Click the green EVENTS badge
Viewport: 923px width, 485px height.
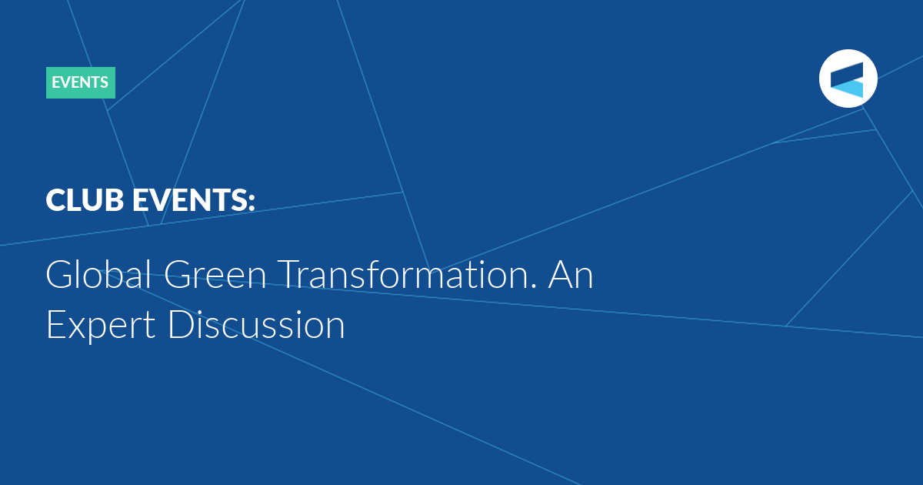81,82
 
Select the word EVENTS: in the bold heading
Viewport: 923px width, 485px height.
194,200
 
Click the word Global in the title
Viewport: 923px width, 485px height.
98,274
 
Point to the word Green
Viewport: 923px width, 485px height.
215,275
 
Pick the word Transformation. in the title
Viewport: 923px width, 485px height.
407,274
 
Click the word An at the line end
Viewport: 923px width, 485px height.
571,275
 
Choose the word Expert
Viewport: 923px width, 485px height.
101,326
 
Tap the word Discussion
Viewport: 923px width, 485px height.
256,324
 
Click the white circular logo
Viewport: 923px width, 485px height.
848,79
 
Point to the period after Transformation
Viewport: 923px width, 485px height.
534,286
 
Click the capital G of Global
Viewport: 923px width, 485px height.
60,275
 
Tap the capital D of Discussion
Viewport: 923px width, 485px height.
182,325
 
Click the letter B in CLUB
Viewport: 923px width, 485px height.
114,200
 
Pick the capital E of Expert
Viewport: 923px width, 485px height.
56,325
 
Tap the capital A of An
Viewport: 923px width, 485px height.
561,275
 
